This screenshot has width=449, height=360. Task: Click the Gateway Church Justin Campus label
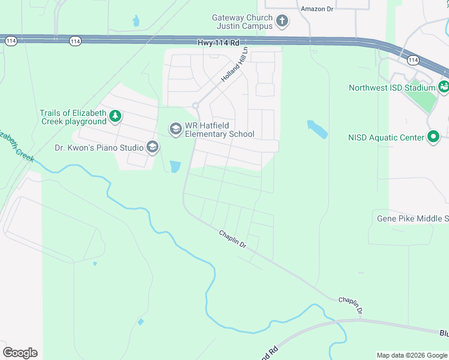[x=242, y=22]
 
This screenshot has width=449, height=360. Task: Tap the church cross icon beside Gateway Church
[x=282, y=22]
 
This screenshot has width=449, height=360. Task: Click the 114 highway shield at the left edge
[x=11, y=41]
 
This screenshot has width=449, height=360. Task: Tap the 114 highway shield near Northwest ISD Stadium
[x=412, y=60]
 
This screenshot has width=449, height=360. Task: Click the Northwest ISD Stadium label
[x=392, y=88]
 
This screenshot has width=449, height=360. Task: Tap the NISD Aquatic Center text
[x=386, y=137]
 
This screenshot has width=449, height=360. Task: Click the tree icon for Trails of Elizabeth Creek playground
[x=116, y=117]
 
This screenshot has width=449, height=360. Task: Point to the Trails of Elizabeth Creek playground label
[x=73, y=117]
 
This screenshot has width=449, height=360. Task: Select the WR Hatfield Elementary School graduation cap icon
[x=175, y=129]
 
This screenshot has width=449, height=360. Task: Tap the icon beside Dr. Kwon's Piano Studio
[x=152, y=147]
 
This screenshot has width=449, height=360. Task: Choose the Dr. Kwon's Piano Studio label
[x=99, y=148]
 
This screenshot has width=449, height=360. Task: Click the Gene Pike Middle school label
[x=412, y=218]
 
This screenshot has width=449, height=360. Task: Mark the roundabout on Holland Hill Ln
[x=195, y=106]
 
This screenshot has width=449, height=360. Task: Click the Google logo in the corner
[x=20, y=353]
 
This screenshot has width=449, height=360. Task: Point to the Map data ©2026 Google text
[x=412, y=355]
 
